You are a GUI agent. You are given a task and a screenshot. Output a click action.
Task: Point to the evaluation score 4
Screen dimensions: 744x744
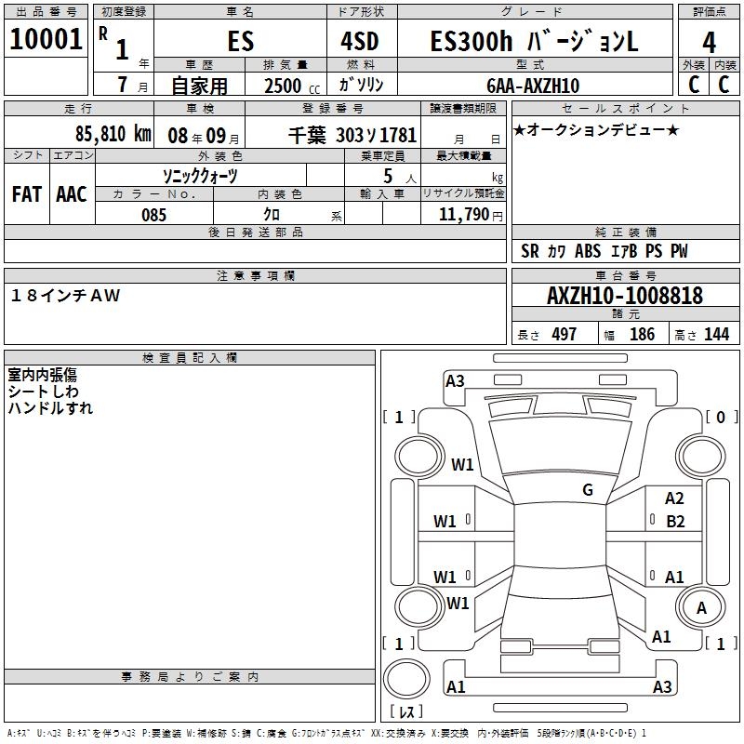point(710,42)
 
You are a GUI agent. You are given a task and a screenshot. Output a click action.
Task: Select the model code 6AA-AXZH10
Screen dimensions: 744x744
point(533,86)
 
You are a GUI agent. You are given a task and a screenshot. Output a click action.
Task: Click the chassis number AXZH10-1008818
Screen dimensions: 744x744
point(625,296)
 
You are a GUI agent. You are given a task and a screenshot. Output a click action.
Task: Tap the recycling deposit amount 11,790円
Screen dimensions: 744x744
point(465,215)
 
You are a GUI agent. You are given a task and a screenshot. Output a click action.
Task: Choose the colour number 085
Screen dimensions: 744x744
point(154,215)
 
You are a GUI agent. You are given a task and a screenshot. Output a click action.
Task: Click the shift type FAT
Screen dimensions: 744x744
point(26,194)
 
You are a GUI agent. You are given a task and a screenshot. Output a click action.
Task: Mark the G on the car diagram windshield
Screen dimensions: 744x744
point(587,490)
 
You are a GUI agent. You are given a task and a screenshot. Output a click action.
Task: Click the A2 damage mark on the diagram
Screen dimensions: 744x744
point(674,499)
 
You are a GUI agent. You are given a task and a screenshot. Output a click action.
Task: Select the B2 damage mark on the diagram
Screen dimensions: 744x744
point(675,521)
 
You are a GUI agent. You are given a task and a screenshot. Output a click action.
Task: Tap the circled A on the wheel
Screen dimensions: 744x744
point(701,608)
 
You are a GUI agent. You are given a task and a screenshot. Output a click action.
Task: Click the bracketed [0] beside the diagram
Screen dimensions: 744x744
point(720,418)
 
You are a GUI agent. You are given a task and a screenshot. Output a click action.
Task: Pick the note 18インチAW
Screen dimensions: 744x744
point(64,296)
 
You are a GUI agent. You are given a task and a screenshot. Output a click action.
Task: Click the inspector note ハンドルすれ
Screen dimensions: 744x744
point(50,408)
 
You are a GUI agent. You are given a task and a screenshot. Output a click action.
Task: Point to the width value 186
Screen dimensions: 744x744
point(642,335)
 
